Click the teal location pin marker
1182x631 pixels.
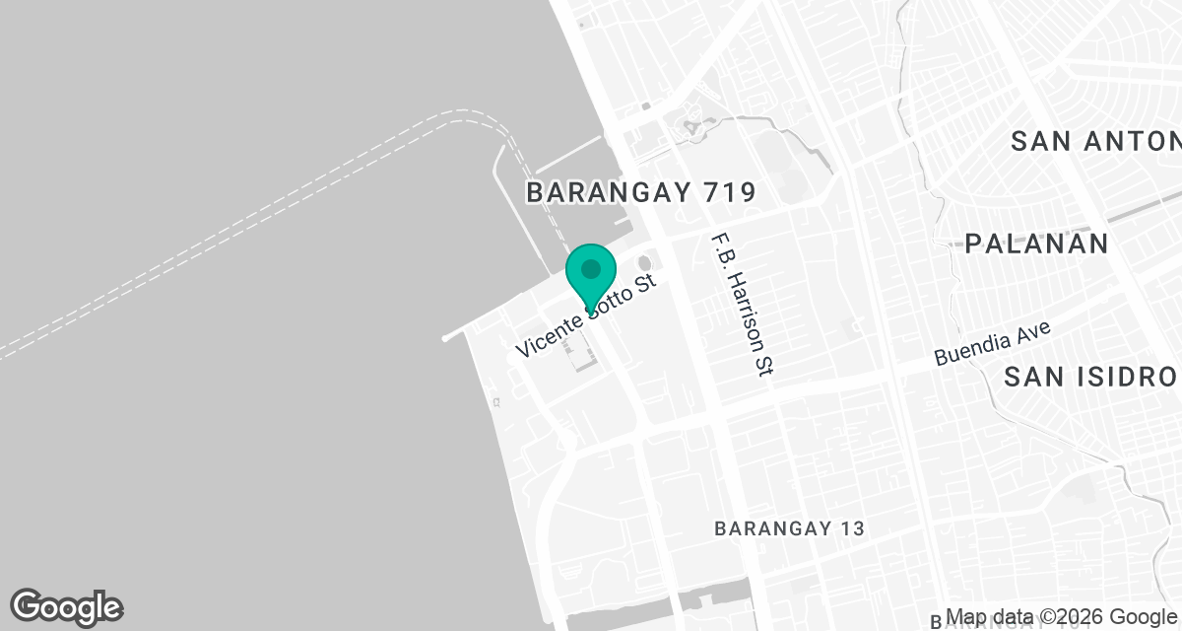591,276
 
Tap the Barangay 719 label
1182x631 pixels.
640,192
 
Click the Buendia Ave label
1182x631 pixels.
992,343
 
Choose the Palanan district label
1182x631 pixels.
1036,244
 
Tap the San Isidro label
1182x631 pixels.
1090,377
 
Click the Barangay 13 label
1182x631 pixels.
789,529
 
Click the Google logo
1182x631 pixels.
66,606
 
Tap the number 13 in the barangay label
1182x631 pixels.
851,529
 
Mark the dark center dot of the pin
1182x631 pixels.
591,268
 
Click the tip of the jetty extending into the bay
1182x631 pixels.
446,338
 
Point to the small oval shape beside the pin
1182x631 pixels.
645,264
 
